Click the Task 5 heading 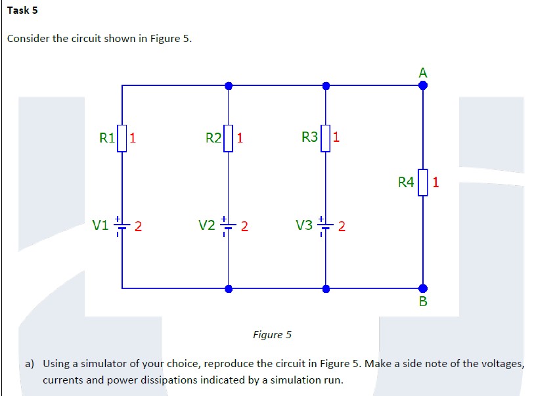pos(22,11)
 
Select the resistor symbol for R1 pos(122,138)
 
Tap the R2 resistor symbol pos(228,138)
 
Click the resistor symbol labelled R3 pos(325,138)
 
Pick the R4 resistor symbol pos(422,181)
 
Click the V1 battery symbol pos(122,226)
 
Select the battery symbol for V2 pos(228,226)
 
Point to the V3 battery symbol pos(325,226)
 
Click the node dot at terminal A pos(422,85)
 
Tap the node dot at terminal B pos(422,288)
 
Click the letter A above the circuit pos(422,73)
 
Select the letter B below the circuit pos(422,301)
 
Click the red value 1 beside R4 pos(435,181)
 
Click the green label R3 pos(309,137)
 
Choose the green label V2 pos(207,226)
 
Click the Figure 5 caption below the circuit pos(272,335)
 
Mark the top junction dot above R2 pos(228,85)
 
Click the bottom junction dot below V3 pos(325,288)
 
